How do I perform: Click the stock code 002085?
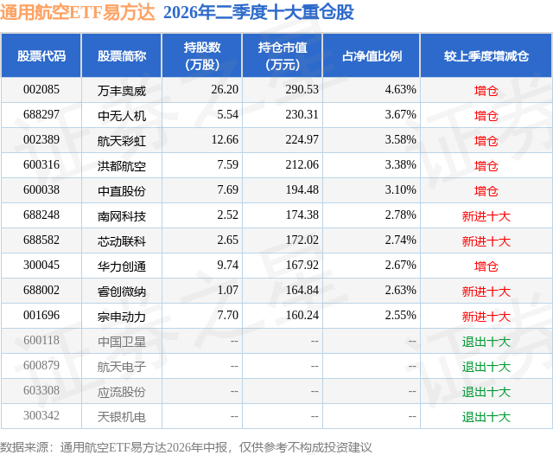pyautogui.click(x=41, y=89)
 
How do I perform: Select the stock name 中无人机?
pyautogui.click(x=122, y=115)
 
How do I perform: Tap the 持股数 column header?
pyautogui.click(x=202, y=55)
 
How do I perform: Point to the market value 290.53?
pyautogui.click(x=302, y=89)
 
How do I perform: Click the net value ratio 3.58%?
pyautogui.click(x=400, y=139)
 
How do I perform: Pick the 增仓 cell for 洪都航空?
pyautogui.click(x=486, y=165)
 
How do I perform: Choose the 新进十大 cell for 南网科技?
pyautogui.click(x=486, y=215)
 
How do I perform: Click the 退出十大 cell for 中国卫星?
pyautogui.click(x=486, y=341)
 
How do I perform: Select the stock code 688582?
pyautogui.click(x=41, y=240)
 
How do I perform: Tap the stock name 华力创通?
pyautogui.click(x=122, y=266)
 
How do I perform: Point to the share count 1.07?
pyautogui.click(x=228, y=290)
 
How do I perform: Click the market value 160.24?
pyautogui.click(x=302, y=315)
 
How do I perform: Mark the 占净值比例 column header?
pyautogui.click(x=372, y=55)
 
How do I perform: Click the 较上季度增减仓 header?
pyautogui.click(x=486, y=55)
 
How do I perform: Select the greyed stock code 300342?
pyautogui.click(x=41, y=415)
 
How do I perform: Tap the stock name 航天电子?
pyautogui.click(x=122, y=367)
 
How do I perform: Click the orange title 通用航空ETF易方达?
pyautogui.click(x=78, y=12)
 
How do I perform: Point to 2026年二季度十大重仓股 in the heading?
pyautogui.click(x=258, y=12)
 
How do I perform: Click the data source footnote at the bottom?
pyautogui.click(x=186, y=447)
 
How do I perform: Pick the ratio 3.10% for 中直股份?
pyautogui.click(x=400, y=189)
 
